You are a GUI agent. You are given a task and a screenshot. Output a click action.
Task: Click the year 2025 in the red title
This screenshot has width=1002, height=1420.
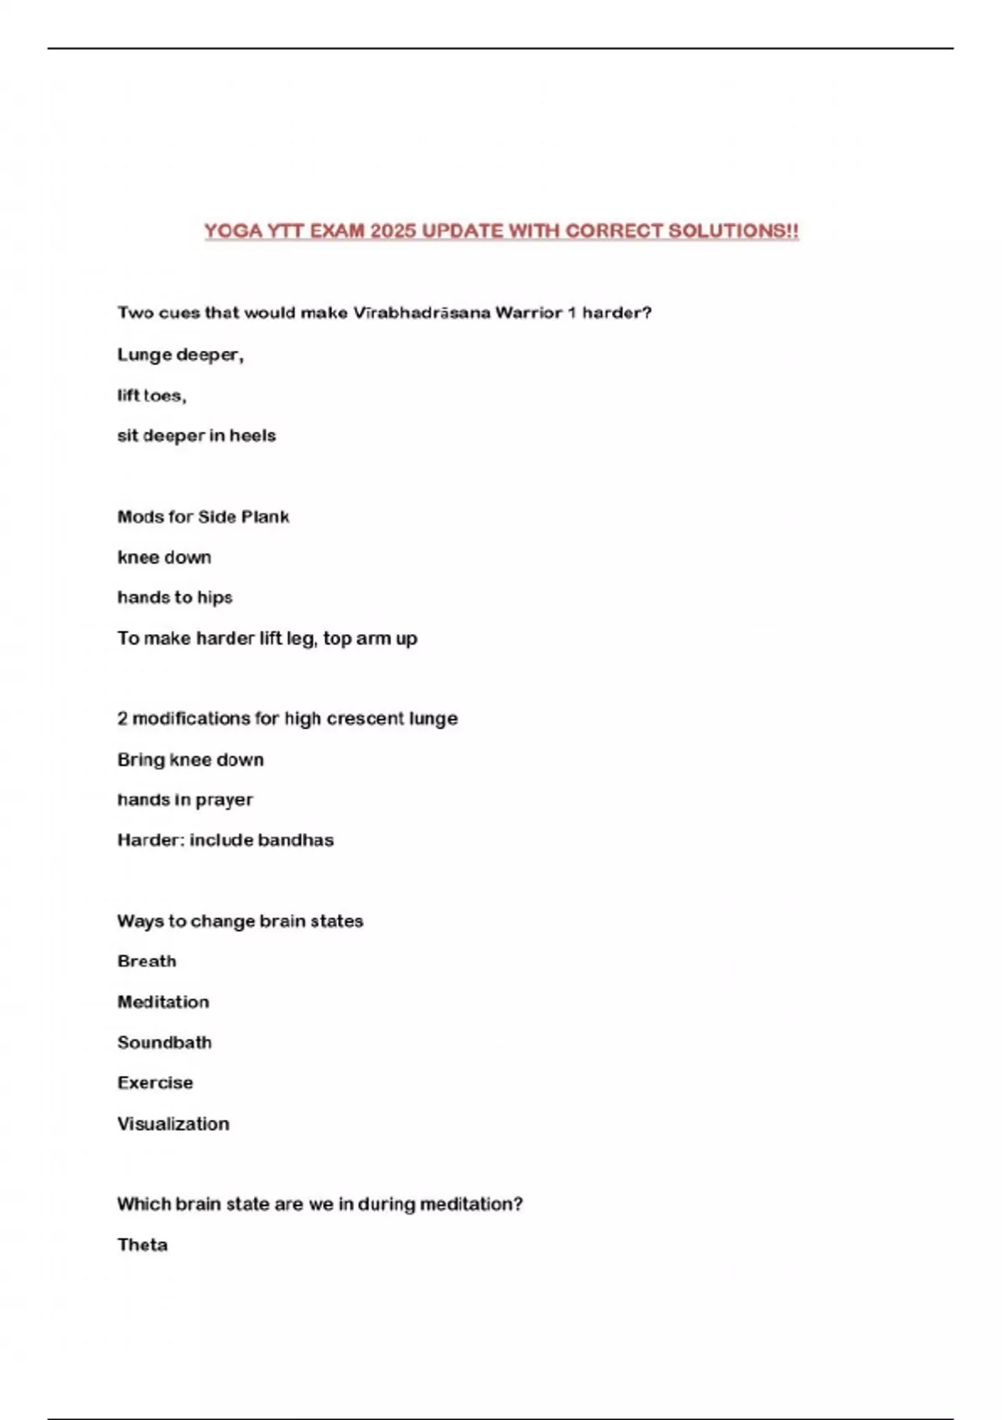pos(392,231)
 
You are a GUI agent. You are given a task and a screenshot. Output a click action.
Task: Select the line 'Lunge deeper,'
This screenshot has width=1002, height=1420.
pos(180,355)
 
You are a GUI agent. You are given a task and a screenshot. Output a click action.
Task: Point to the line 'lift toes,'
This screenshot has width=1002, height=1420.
pos(152,395)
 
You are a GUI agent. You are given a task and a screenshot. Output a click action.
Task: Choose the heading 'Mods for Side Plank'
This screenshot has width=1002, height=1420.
pos(203,517)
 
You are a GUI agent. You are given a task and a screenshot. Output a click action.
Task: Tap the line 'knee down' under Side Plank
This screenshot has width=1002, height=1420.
pos(164,557)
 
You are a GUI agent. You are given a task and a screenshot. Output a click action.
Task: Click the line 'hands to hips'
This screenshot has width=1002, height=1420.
pos(175,597)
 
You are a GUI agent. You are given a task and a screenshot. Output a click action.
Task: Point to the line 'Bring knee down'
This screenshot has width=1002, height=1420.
pos(190,759)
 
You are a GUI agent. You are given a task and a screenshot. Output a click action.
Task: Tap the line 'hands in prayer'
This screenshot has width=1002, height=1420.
pos(185,799)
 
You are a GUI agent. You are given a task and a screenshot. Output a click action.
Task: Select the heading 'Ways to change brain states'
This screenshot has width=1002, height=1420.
pos(240,920)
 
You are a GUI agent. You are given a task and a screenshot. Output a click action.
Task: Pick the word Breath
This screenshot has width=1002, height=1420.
pos(147,961)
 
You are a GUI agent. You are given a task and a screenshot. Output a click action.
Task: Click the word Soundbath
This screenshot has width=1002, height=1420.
pos(164,1042)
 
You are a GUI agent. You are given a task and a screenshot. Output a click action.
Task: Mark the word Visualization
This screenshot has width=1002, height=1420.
pos(173,1123)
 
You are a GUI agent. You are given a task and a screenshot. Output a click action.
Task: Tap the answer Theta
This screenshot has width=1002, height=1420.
pos(143,1245)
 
